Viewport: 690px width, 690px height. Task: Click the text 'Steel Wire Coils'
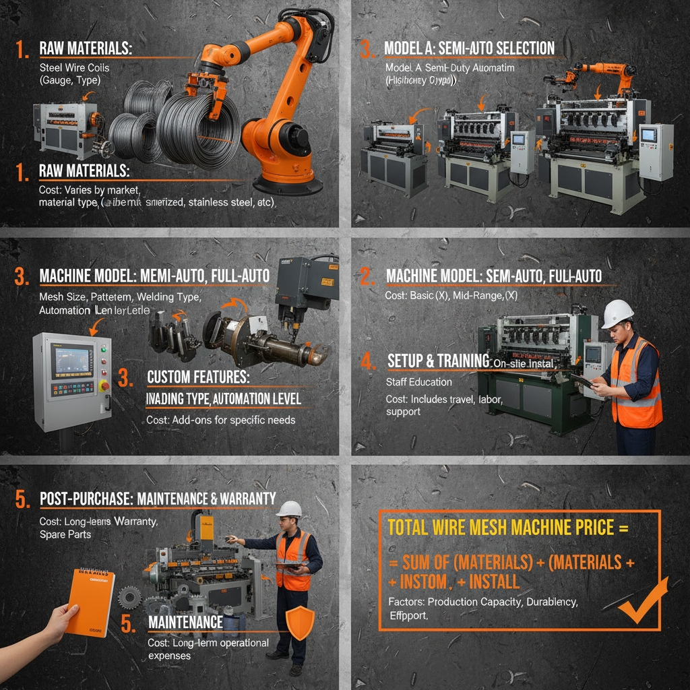point(74,67)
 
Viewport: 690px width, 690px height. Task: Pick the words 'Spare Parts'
point(66,534)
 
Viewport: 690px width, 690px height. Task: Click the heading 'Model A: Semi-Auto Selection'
point(469,49)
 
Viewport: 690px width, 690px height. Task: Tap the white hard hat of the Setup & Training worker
point(617,313)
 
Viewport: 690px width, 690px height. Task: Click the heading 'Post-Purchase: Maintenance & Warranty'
point(158,499)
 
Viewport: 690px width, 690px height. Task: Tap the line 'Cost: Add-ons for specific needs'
point(220,420)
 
